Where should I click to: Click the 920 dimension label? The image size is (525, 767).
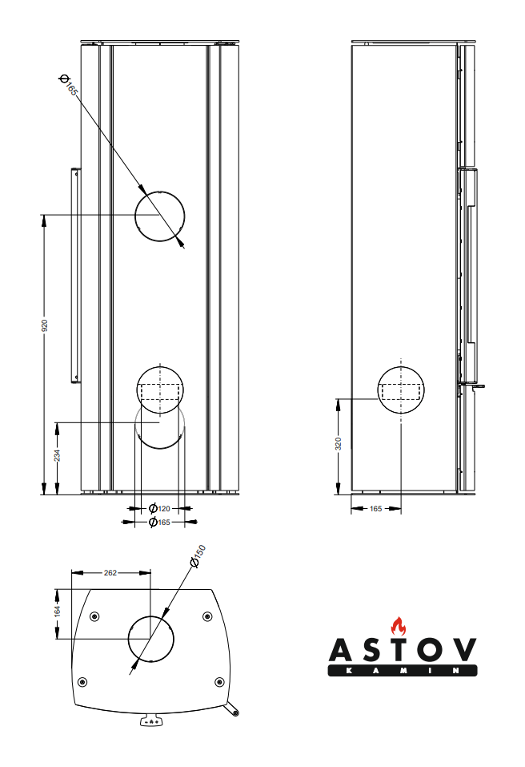click(x=45, y=325)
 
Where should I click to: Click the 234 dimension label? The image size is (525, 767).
click(x=58, y=455)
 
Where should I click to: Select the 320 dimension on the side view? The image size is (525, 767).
click(x=339, y=444)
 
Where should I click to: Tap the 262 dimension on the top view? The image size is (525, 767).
click(x=110, y=572)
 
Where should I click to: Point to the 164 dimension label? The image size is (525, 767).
click(x=58, y=611)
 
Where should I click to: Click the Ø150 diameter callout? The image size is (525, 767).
click(x=198, y=556)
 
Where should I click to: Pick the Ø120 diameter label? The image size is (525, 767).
click(x=159, y=508)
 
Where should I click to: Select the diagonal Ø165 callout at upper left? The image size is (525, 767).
click(x=68, y=84)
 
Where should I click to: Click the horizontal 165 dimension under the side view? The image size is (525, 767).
click(x=375, y=509)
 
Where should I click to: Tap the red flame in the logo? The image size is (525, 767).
click(x=399, y=626)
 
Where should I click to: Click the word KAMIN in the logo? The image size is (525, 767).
click(x=402, y=671)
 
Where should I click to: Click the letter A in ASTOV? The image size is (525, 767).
click(x=340, y=650)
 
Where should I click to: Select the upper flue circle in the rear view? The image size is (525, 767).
click(x=160, y=216)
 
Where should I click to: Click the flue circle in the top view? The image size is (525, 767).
click(x=151, y=638)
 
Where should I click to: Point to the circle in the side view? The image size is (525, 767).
click(x=401, y=390)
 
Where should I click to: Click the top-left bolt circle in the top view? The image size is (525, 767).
click(x=94, y=616)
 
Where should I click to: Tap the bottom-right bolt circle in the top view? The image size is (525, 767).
click(x=220, y=682)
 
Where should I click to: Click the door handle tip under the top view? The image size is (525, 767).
click(x=236, y=713)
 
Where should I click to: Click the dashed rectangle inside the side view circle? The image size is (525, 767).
click(x=401, y=391)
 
